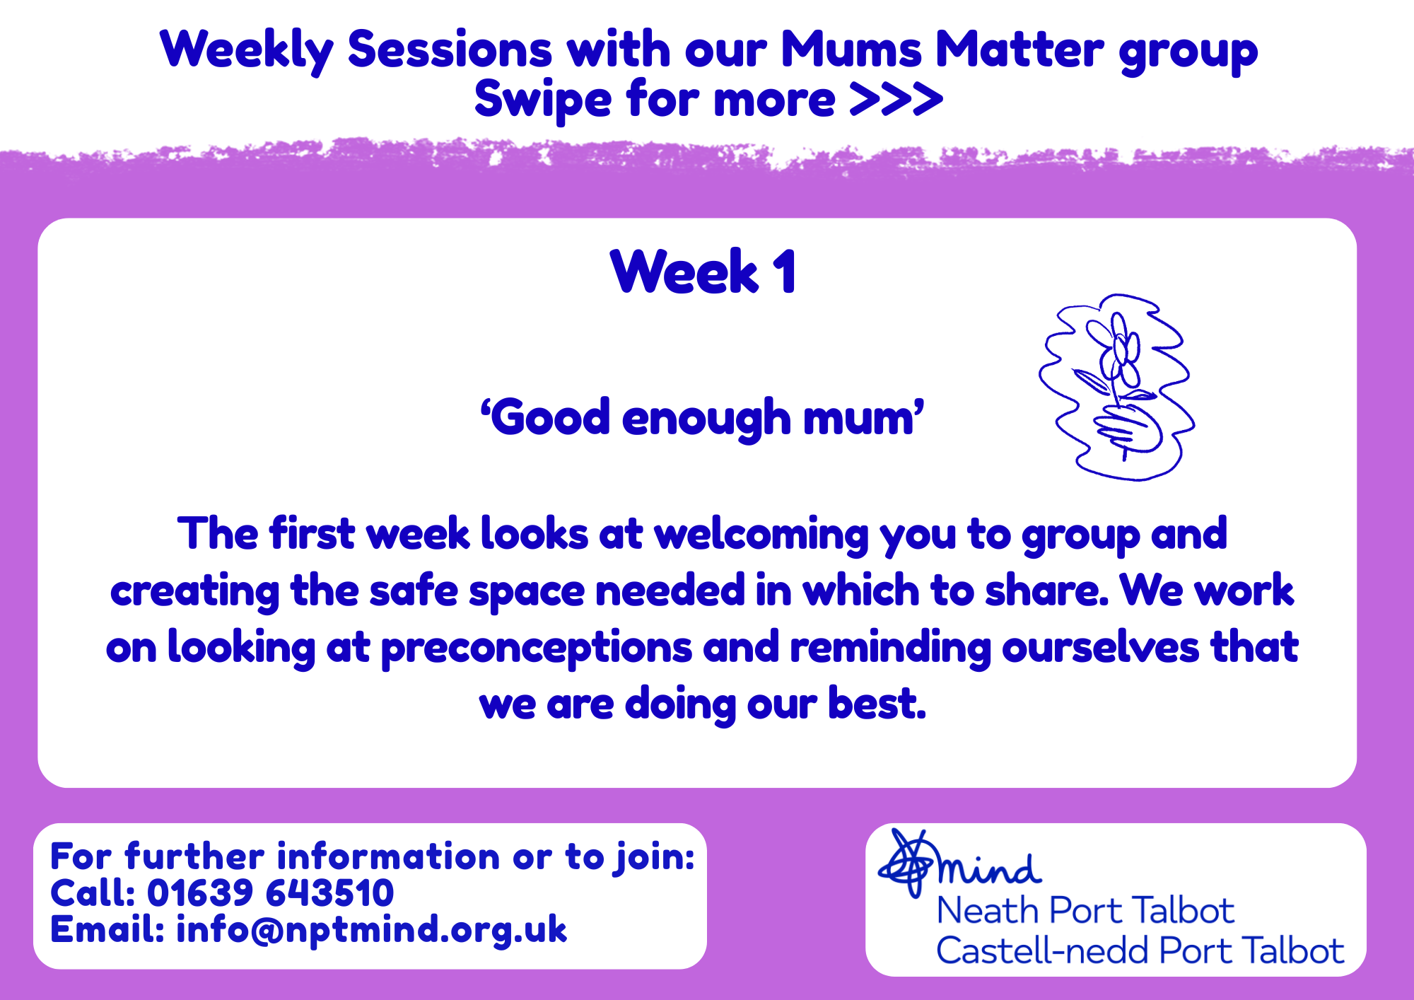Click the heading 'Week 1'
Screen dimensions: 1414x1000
[x=703, y=272]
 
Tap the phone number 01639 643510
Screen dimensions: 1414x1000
[x=270, y=893]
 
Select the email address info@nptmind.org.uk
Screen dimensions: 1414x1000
[x=371, y=929]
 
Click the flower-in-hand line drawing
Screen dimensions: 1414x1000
[x=1116, y=388]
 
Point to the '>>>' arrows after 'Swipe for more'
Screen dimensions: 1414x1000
[x=896, y=99]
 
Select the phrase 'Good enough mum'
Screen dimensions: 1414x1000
[x=702, y=418]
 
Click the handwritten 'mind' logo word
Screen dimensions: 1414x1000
[x=990, y=869]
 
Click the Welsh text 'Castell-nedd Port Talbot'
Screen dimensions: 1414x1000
[x=1140, y=950]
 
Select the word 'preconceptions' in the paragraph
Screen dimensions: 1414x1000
[x=537, y=649]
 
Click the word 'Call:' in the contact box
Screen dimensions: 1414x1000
[x=93, y=893]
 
